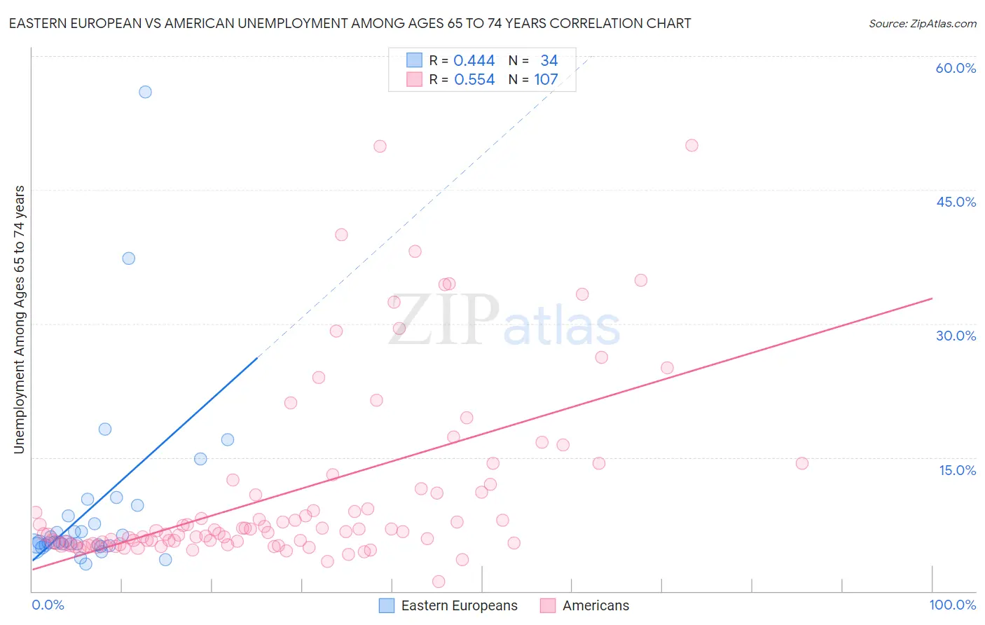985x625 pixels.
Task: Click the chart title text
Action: coord(350,23)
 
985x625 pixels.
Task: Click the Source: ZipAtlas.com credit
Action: coord(922,24)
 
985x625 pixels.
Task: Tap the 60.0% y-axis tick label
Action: coord(956,68)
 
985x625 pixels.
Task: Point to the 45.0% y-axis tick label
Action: coord(956,202)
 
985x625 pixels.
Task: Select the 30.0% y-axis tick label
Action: coord(956,336)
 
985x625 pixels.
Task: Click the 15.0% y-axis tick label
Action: coord(957,470)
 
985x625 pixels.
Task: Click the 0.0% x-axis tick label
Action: coord(48,605)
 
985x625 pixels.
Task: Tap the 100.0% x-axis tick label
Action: coord(952,605)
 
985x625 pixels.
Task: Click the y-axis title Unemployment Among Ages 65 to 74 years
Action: coord(19,319)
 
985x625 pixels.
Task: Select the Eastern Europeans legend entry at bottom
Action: coord(448,605)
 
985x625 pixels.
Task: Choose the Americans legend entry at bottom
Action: coord(585,605)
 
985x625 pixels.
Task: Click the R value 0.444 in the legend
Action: coord(474,61)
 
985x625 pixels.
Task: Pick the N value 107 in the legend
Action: coord(546,80)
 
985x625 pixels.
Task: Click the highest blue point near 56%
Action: coord(145,92)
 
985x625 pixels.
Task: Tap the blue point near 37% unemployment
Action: coord(128,259)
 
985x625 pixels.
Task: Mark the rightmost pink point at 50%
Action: coord(691,146)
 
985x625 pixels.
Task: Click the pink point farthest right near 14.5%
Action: coord(802,463)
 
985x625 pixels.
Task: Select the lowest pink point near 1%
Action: coord(439,582)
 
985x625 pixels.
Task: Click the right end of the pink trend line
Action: coord(932,298)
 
